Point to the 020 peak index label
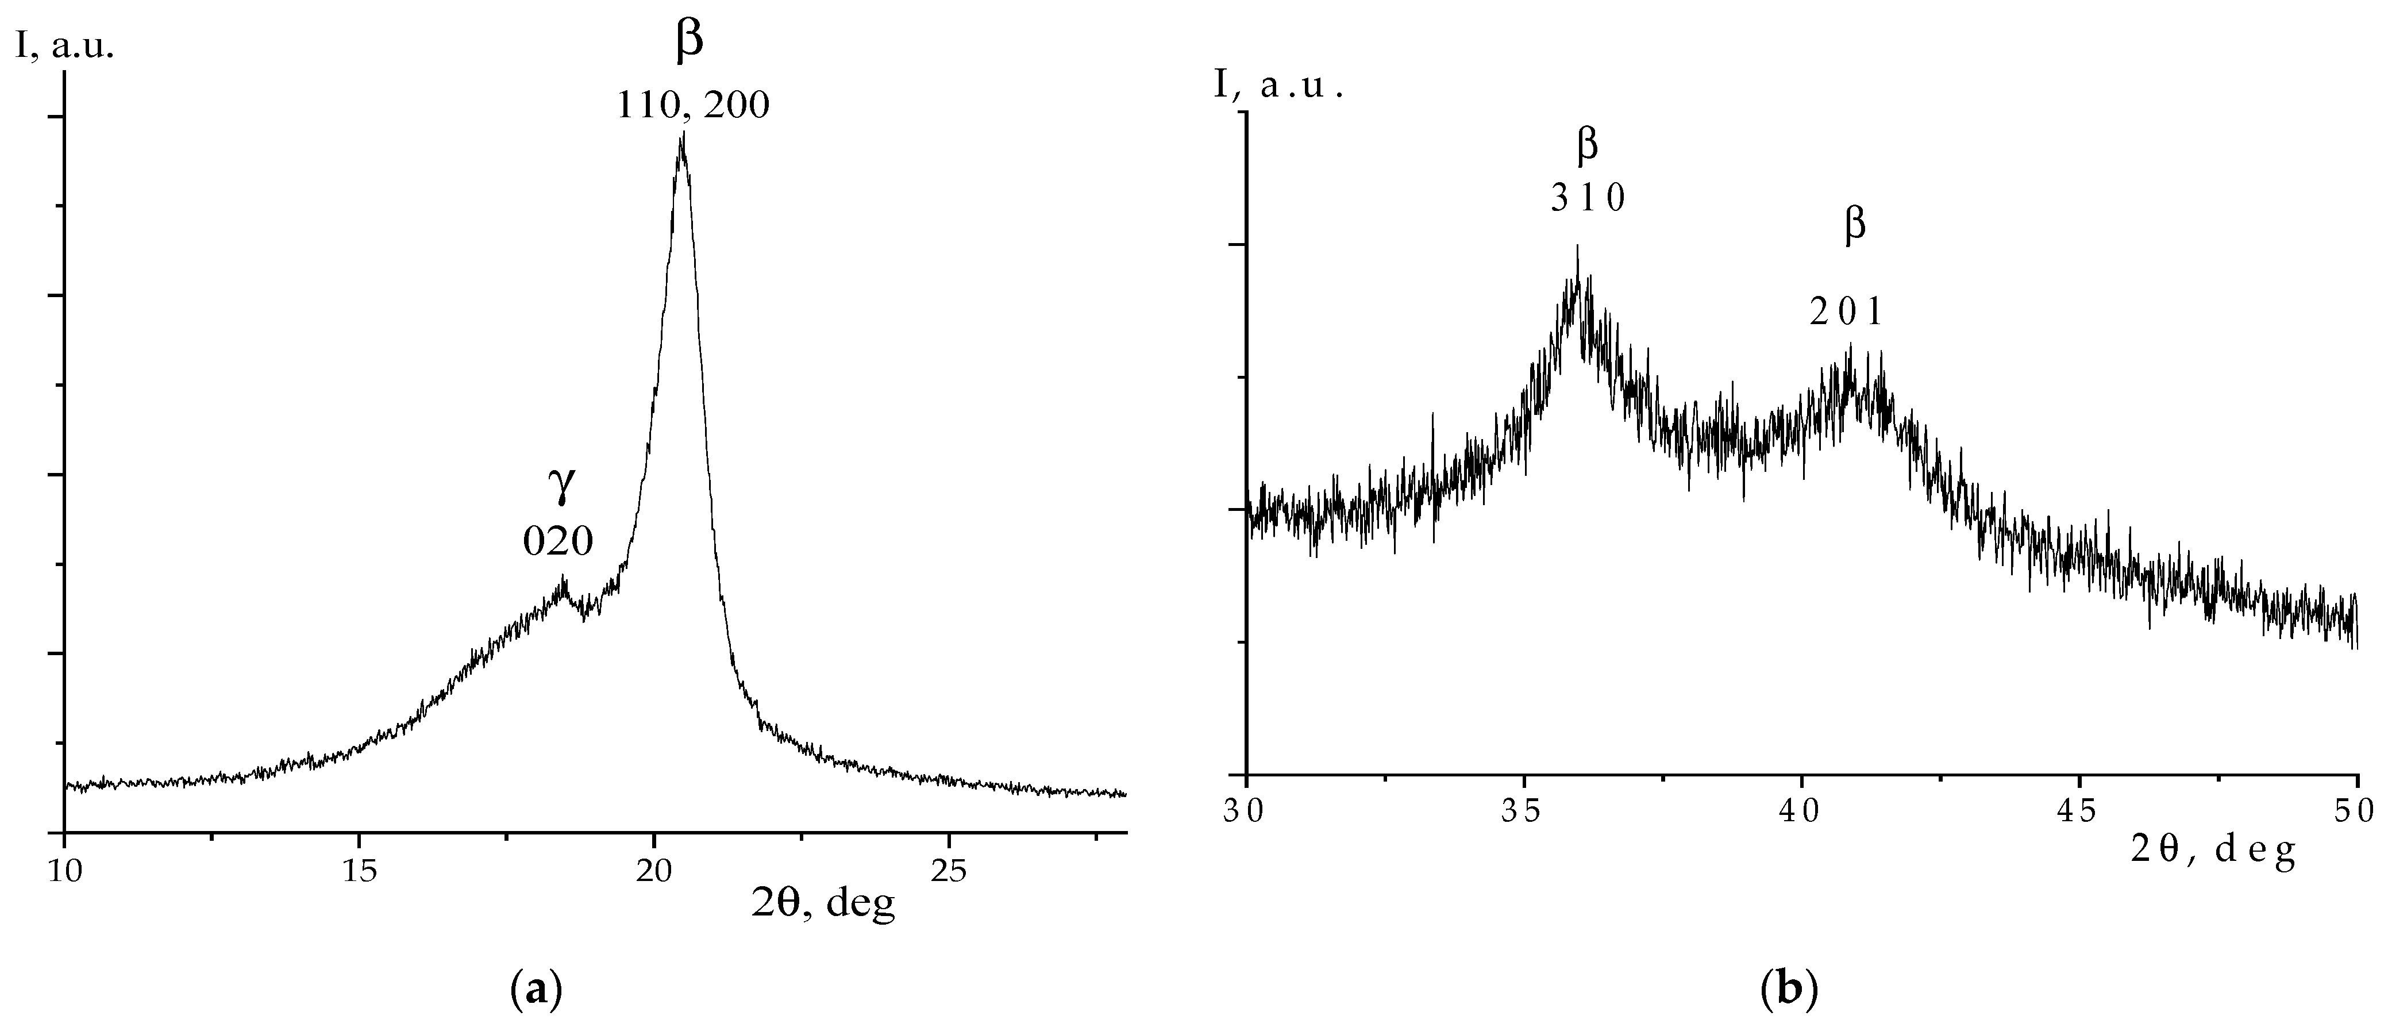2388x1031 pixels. point(558,541)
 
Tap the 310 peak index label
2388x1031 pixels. point(1588,198)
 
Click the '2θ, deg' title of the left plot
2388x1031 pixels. point(823,903)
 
